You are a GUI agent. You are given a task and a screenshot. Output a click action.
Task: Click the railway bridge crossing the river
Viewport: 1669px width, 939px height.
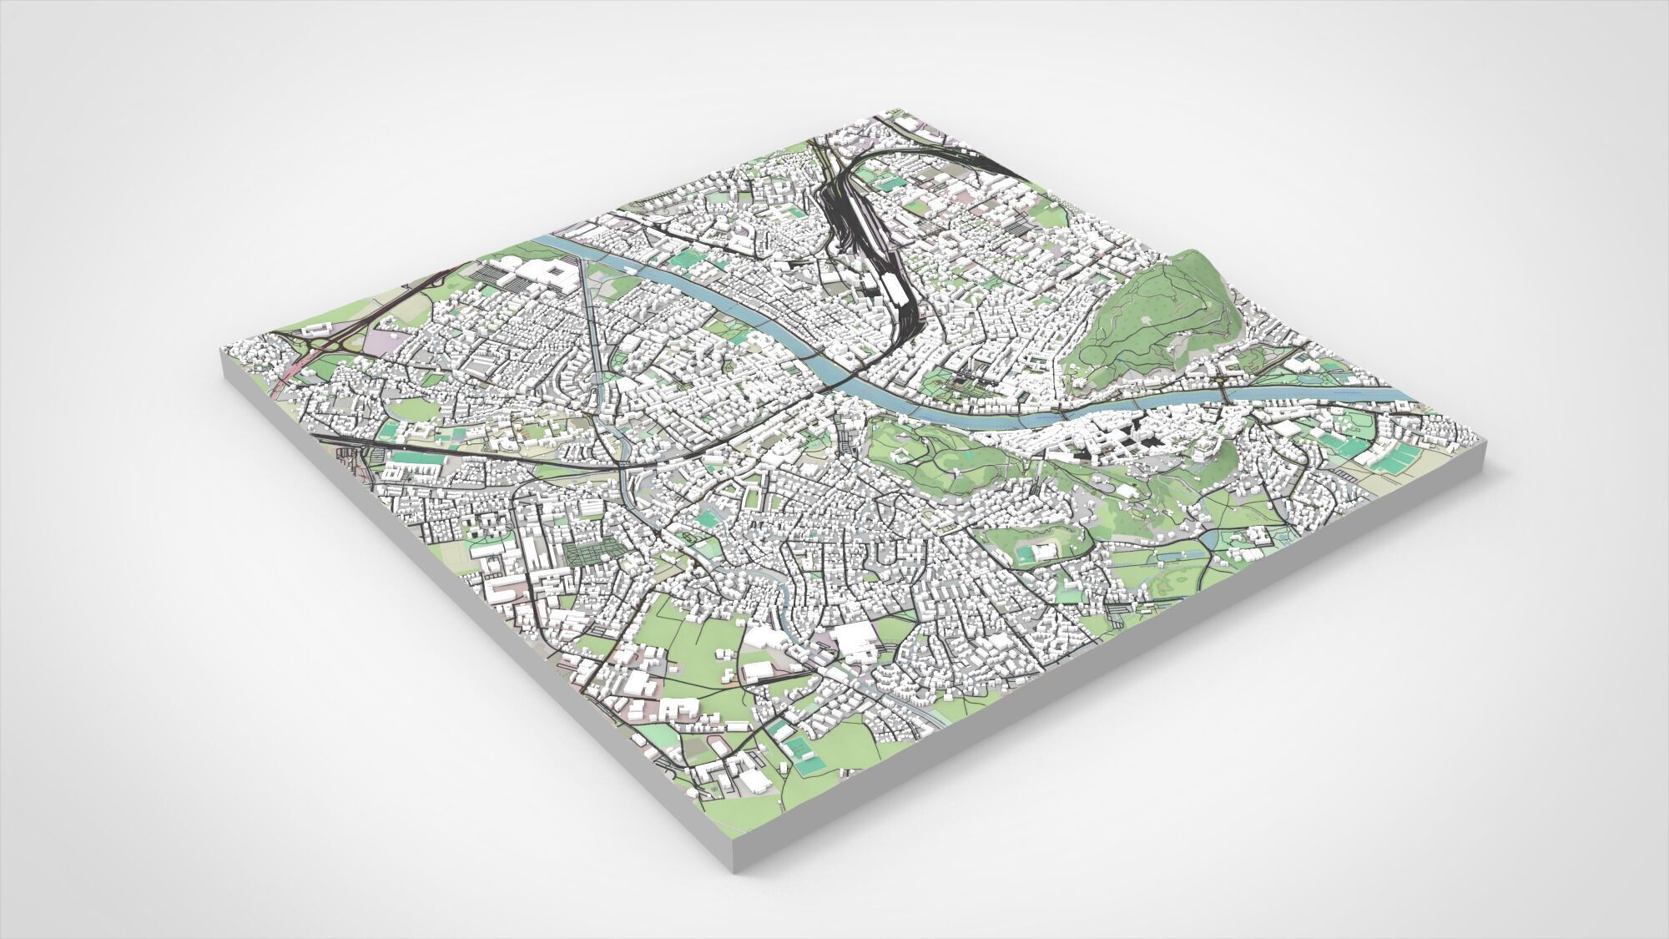(860, 367)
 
